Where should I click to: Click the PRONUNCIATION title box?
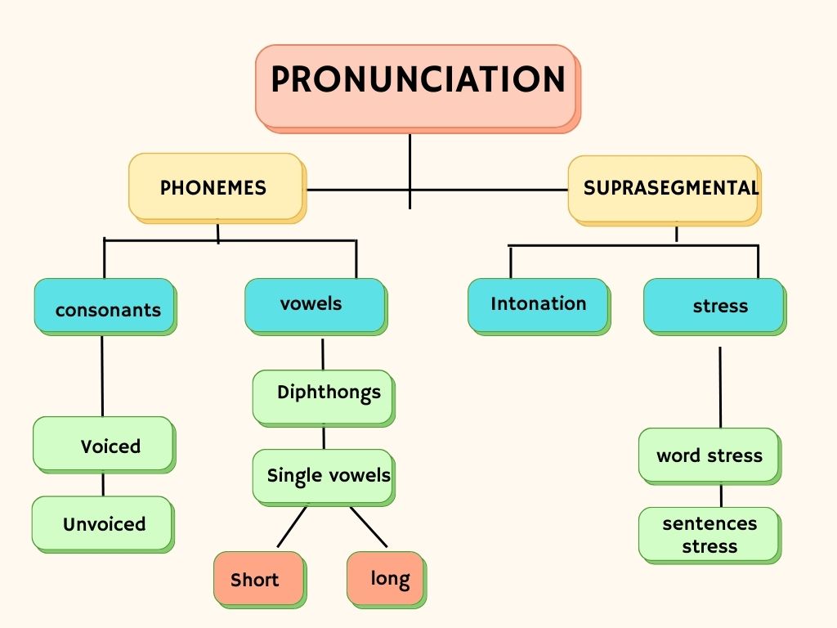pos(416,85)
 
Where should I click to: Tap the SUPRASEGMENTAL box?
pos(663,189)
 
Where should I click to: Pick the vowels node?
pos(315,304)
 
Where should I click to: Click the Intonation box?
pos(538,304)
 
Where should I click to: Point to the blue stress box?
pos(714,305)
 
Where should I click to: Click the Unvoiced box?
pos(102,523)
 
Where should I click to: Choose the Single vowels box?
pos(323,476)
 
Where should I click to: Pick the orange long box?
pos(385,577)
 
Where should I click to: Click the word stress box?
pos(708,454)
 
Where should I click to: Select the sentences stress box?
pos(708,534)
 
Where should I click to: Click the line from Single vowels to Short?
pos(292,527)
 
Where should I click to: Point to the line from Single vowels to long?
pos(369,527)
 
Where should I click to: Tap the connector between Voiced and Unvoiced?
pos(103,483)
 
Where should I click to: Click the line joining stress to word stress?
pos(720,386)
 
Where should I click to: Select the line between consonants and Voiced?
pos(102,376)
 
